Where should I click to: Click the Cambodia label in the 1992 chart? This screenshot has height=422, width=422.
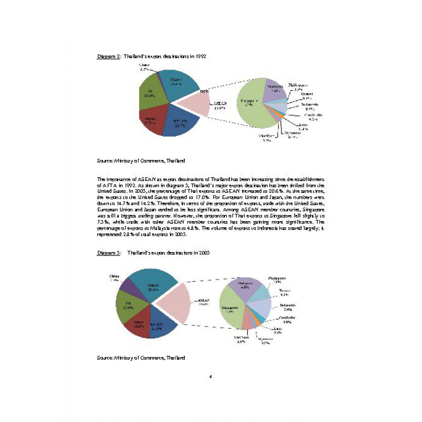[313, 117]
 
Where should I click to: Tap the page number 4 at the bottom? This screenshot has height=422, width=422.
[210, 376]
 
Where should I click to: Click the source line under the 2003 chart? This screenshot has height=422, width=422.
[141, 358]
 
